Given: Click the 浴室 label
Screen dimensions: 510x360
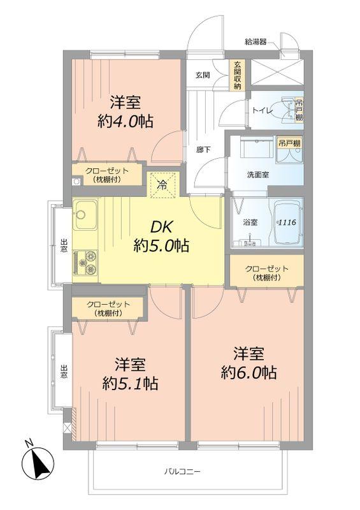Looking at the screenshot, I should pos(250,222).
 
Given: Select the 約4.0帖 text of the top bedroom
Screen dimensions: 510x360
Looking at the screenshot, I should pos(125,121).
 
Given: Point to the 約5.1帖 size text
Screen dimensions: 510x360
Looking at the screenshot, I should pos(131,384).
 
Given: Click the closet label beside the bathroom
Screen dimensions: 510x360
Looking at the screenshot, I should pos(266,273).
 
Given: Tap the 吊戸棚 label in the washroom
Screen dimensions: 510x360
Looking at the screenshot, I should pos(289,144).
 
